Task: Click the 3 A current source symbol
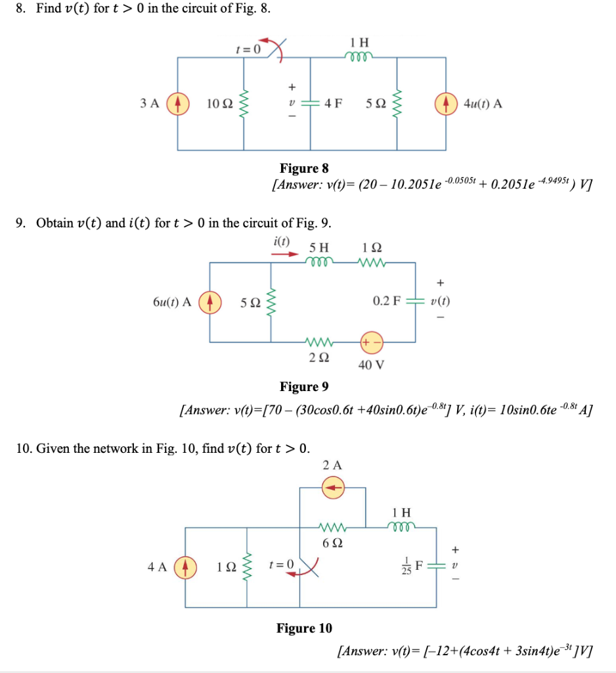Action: (x=176, y=104)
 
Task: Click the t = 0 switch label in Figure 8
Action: (x=248, y=49)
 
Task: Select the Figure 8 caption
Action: (x=304, y=168)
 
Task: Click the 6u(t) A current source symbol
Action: (x=209, y=302)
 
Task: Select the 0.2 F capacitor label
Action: (x=387, y=302)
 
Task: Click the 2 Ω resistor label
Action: (x=318, y=359)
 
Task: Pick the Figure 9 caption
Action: (x=304, y=386)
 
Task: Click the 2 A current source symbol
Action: (x=333, y=487)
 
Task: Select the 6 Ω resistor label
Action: (x=332, y=544)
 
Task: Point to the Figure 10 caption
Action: (x=304, y=628)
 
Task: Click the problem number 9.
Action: (x=21, y=223)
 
